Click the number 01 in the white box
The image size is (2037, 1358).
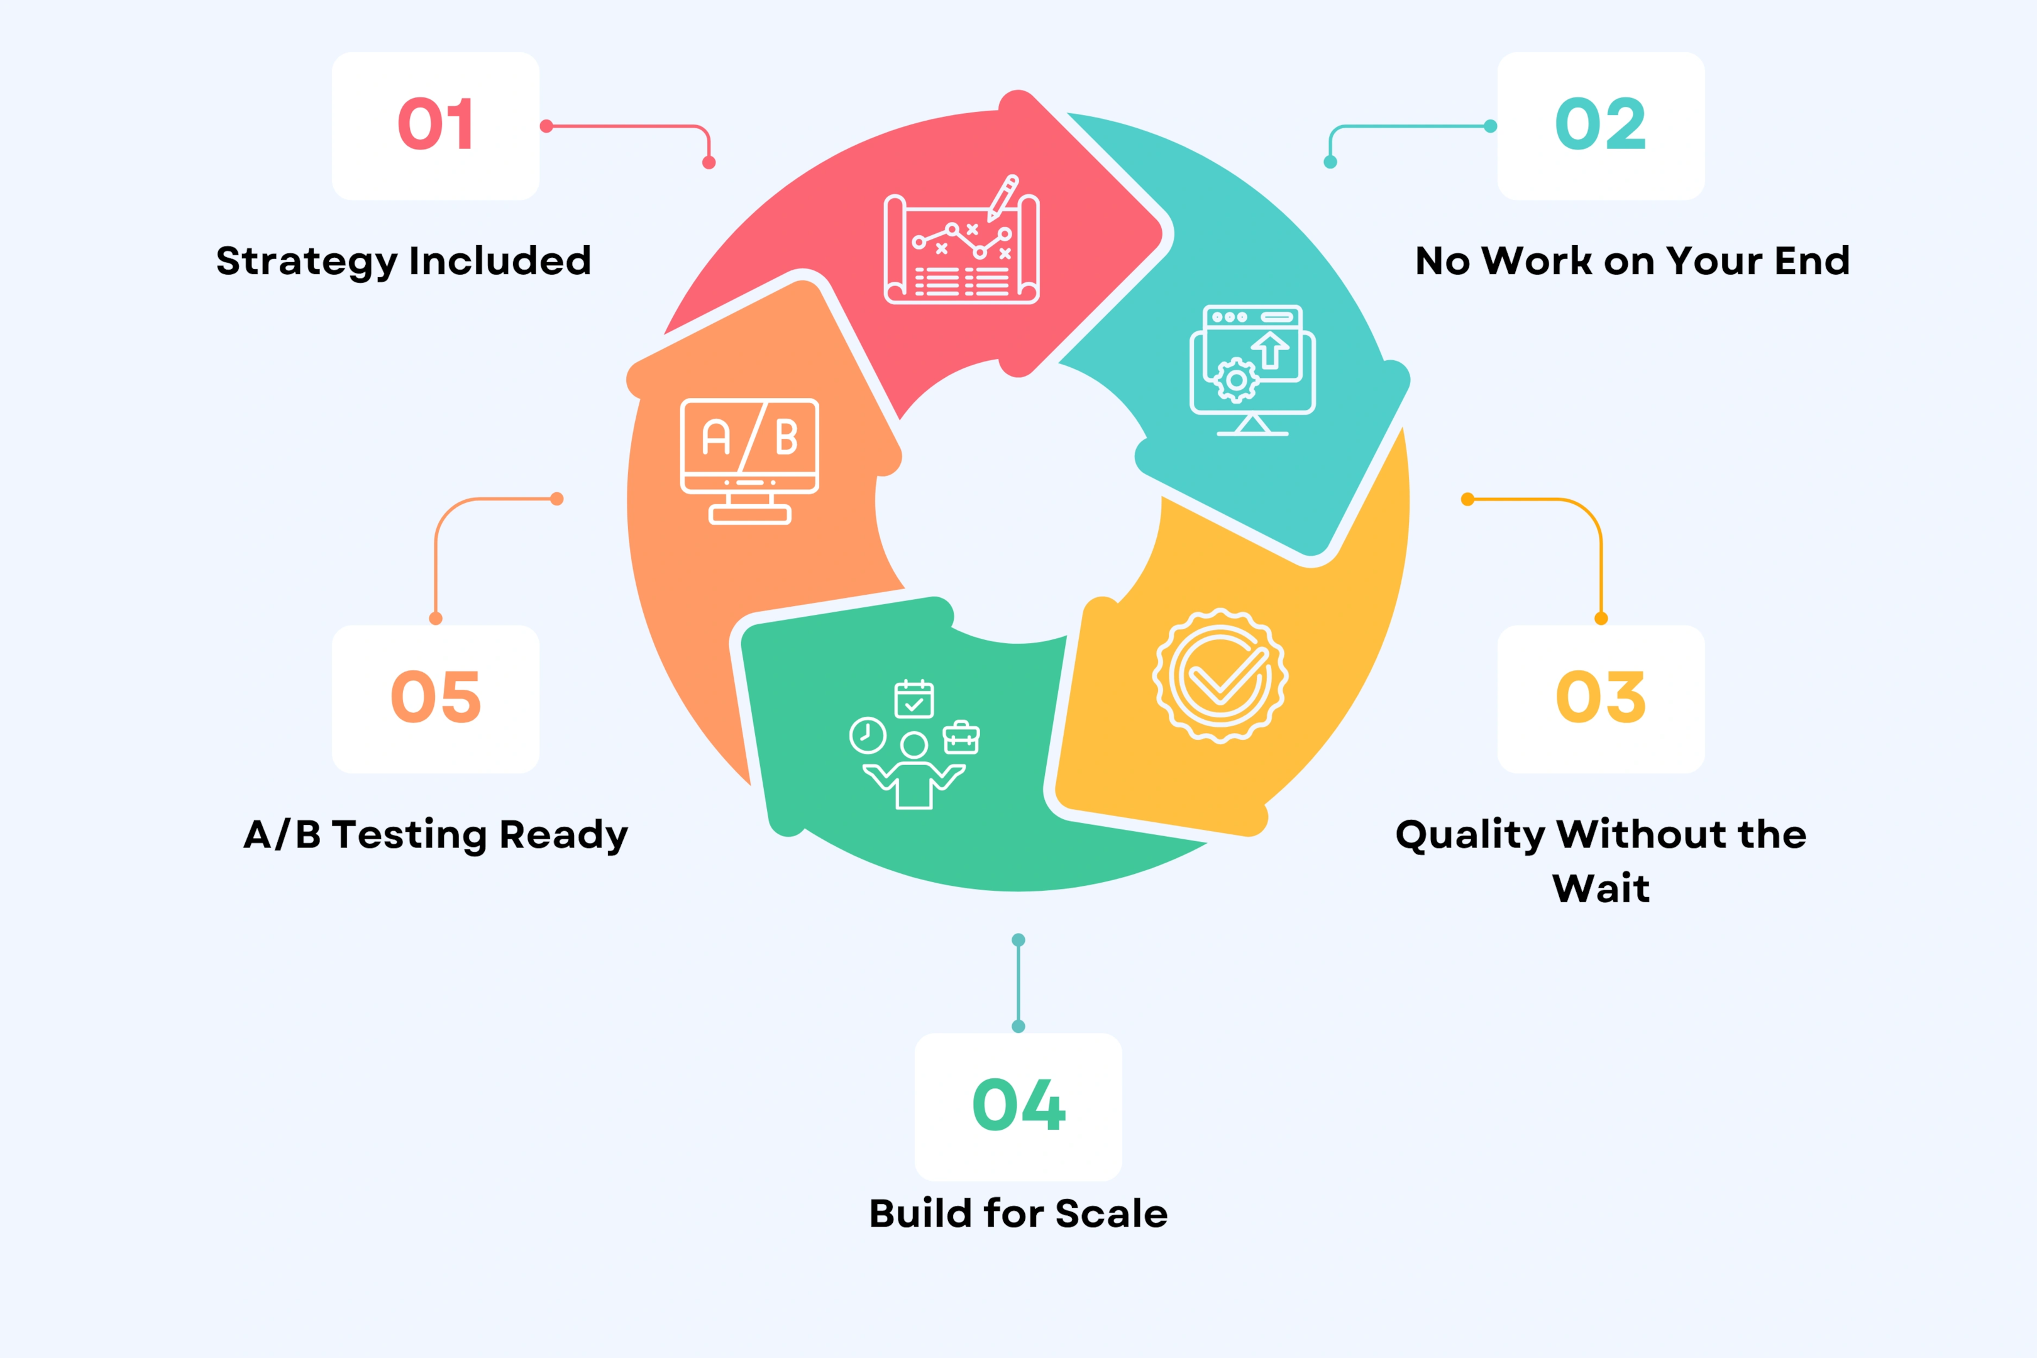pos(436,124)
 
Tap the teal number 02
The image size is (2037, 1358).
pos(1601,124)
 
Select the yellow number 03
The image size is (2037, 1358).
pos(1601,697)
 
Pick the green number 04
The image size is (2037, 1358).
pos(1018,1105)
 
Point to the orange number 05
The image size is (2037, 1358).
pos(436,697)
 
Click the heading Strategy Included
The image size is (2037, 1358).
pos(404,262)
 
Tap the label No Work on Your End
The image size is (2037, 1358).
pos(1633,262)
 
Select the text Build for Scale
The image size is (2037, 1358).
pos(1018,1214)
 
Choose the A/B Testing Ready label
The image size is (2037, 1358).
pos(436,836)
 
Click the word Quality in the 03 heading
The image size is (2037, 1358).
pos(1470,836)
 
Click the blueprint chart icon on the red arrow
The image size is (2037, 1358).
pos(961,243)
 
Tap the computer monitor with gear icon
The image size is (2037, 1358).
pos(1252,370)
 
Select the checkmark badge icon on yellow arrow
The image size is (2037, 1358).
pos(1220,675)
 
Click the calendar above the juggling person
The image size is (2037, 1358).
pos(914,699)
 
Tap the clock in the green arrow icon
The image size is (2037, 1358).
pos(868,736)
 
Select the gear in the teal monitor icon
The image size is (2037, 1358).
pos(1237,380)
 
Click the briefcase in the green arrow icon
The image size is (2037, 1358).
pos(961,738)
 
